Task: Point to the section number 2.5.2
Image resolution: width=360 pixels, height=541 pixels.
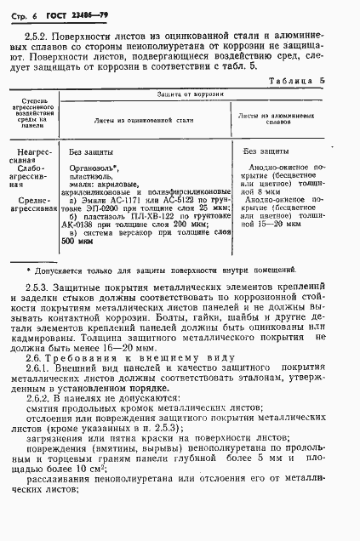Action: tap(37, 37)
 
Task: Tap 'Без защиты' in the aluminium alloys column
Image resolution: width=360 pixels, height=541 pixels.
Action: tap(268, 151)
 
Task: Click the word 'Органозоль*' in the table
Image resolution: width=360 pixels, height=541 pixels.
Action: tap(89, 168)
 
